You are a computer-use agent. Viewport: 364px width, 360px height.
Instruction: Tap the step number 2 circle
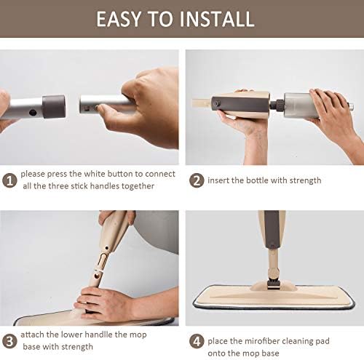point(196,180)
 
